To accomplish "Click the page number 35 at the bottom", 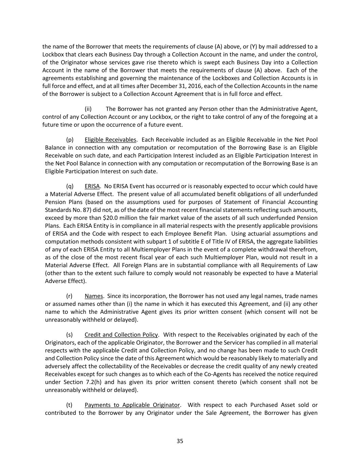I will coord(180,441).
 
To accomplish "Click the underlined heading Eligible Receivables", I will coord(110,140).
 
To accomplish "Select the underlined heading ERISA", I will coord(92,186).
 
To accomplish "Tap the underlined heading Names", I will coord(93,296).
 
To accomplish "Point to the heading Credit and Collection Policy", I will coord(121,335).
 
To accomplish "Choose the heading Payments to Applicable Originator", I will coord(132,405).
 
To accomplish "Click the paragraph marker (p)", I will coord(70,140).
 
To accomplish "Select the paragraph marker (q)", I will coord(70,186).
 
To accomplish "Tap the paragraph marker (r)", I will coord(69,296).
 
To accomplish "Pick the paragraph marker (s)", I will coord(69,335).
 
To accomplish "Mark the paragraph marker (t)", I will coord(69,405).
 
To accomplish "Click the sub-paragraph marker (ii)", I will coord(88,109).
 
